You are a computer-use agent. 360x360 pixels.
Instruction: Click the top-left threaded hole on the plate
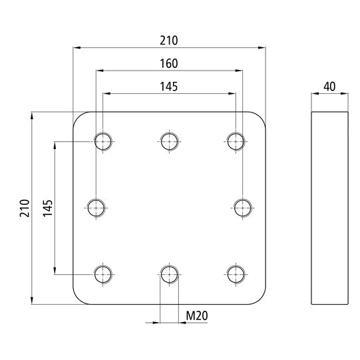(103, 140)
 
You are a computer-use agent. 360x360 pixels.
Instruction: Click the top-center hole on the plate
(169, 140)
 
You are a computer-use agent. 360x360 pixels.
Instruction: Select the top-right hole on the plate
(236, 140)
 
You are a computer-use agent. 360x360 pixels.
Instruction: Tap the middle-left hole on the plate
(97, 208)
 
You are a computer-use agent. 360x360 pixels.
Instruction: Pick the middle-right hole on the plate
(242, 208)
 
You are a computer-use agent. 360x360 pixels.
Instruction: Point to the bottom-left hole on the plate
(103, 273)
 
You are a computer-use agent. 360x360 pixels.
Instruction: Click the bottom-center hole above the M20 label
(169, 273)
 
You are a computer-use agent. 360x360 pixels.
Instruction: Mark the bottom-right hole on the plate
(236, 273)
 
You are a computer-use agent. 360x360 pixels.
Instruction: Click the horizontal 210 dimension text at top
(169, 41)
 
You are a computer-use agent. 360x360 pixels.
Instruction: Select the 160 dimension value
(169, 63)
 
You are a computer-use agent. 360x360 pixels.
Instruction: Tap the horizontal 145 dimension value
(169, 86)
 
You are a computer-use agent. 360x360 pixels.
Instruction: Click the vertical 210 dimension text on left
(24, 208)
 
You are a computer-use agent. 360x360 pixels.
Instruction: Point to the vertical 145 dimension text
(47, 208)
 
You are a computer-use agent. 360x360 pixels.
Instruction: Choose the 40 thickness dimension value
(329, 87)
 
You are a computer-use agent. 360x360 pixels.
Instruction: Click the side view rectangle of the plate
(329, 208)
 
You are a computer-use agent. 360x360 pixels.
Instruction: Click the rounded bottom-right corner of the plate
(261, 299)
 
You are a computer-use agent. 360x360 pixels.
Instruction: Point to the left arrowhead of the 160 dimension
(100, 70)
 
